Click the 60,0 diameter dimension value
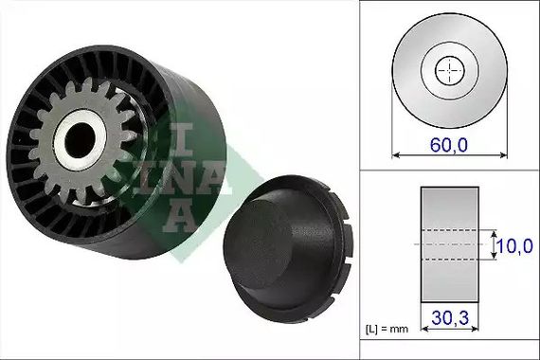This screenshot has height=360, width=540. tap(449, 144)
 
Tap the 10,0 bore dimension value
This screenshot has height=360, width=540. tap(514, 246)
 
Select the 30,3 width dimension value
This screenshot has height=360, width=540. tap(450, 317)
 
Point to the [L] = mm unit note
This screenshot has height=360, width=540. tap(387, 329)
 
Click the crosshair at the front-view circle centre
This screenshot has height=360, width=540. tap(449, 70)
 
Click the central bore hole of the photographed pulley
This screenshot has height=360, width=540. tap(80, 140)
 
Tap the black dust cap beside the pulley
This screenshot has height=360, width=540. tap(288, 249)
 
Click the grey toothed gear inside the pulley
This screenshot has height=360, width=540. tap(82, 141)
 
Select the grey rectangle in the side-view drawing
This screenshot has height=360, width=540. tap(449, 244)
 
